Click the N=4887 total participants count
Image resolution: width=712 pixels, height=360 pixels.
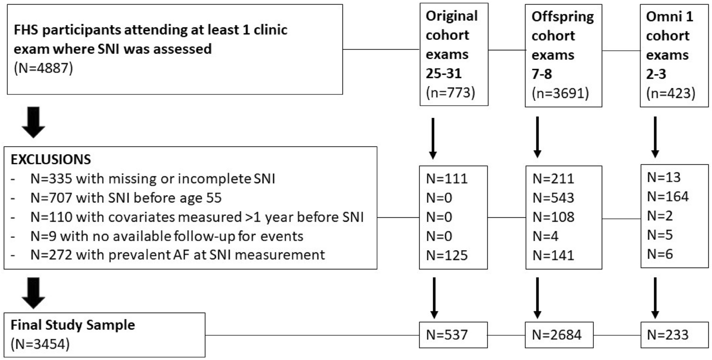point(43,68)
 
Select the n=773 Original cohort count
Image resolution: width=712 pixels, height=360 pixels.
point(451,93)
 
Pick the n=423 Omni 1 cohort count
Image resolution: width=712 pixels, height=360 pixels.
point(671,93)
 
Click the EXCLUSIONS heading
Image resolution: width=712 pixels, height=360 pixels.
point(51,160)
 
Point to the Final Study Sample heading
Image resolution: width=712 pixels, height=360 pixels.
point(73,325)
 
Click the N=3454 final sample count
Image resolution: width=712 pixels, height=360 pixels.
point(40,344)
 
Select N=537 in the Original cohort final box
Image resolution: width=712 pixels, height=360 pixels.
point(447,335)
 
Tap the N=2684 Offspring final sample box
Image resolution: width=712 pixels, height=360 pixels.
point(557,335)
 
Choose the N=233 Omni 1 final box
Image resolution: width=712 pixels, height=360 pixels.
point(668,335)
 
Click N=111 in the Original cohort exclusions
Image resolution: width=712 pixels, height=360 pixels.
point(447,179)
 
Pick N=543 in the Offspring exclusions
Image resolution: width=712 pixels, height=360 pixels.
point(554,198)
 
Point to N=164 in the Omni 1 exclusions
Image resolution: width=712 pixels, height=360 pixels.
point(668,197)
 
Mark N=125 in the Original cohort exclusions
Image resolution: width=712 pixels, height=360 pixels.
point(447,255)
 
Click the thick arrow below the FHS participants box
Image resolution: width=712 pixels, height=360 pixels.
point(33,122)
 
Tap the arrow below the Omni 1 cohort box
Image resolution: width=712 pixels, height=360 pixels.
point(655,137)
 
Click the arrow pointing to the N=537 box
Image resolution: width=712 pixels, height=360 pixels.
point(434,298)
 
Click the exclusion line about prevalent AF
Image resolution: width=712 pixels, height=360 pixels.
point(177,255)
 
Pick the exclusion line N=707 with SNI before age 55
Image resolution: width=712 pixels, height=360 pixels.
point(126,198)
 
